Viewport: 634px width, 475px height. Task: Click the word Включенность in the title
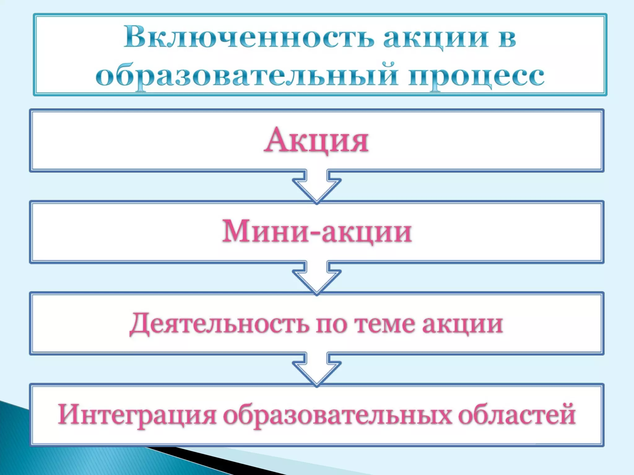click(248, 38)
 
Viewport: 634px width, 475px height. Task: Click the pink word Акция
click(316, 141)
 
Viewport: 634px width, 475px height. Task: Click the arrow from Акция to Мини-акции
click(317, 187)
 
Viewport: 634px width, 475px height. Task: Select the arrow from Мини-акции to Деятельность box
click(317, 278)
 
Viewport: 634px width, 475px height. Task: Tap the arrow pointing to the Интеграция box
click(317, 370)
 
